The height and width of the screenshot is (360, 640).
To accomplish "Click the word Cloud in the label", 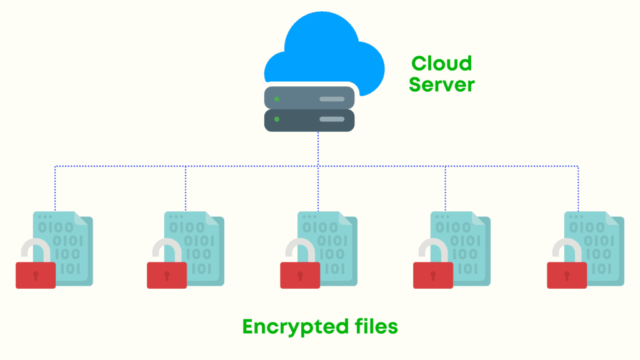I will click(441, 63).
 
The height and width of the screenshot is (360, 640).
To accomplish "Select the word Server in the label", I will click(441, 84).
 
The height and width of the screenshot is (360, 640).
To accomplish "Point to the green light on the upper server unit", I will click(277, 98).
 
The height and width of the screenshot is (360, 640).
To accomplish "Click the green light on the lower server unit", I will click(277, 119).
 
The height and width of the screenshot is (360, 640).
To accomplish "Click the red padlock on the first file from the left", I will click(36, 276).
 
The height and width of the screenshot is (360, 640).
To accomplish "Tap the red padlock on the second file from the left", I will click(167, 276).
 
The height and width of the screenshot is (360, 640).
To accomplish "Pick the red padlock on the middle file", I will click(300, 276).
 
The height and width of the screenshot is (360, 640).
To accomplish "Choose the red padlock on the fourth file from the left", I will click(433, 276).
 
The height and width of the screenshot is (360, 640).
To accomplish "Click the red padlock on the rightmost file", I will click(567, 276).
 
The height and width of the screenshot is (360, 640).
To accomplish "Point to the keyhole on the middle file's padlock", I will click(300, 274).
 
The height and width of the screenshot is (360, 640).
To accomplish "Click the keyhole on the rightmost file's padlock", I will click(567, 274).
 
